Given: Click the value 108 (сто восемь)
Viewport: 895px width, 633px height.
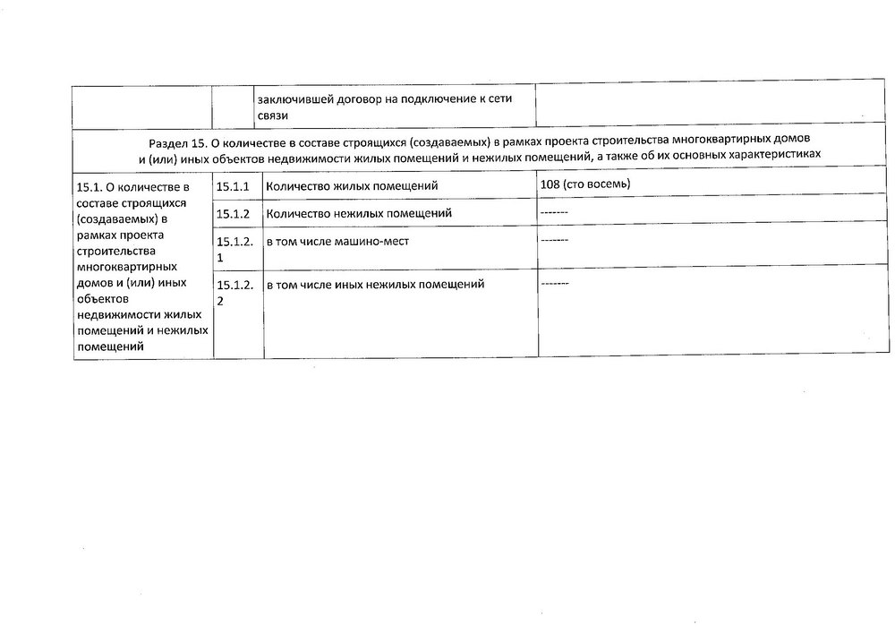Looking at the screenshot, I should coord(585,184).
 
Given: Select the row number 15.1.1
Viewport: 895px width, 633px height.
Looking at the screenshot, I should coord(232,185).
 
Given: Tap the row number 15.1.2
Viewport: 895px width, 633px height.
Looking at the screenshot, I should coord(232,213).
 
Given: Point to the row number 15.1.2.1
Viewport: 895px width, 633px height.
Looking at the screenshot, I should coord(235,249).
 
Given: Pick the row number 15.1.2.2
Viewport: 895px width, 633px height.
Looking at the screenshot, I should coord(235,292).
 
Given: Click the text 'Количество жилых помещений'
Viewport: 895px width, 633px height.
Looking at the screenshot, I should coord(352,185).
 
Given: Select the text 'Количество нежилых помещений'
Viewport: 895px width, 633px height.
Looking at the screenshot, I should coord(359,213).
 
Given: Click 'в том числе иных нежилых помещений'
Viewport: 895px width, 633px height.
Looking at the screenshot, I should coord(375,285).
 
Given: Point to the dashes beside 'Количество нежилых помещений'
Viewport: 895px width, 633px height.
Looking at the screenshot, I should coord(555,212).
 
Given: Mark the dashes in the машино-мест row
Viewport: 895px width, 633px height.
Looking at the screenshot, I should coord(555,240).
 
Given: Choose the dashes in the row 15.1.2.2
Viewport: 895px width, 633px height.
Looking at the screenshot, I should coord(555,283).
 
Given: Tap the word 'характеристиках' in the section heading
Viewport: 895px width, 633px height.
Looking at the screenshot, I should coord(776,156).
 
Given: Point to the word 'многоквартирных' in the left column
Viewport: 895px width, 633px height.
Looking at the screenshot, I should coord(125,267).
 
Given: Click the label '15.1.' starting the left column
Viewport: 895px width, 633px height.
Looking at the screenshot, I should coord(91,187).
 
